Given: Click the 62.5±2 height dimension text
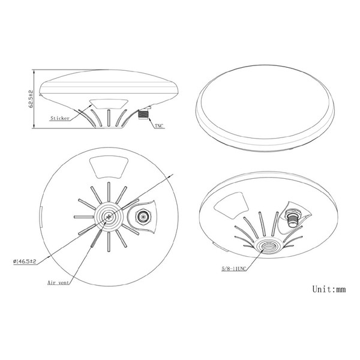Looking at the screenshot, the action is (x=31, y=99).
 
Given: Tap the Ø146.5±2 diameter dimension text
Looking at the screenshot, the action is (x=25, y=261).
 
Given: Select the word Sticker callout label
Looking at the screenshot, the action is (x=60, y=118).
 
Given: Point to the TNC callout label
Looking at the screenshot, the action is (x=159, y=126).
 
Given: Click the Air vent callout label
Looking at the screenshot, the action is (x=58, y=283).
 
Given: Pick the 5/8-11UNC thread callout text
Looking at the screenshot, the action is (x=234, y=269).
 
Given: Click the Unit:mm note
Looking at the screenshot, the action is (x=329, y=289).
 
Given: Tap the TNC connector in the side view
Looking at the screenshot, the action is (x=143, y=115).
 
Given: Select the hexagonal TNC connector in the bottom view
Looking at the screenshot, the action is (x=143, y=217).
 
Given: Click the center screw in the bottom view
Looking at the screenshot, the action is (x=109, y=217).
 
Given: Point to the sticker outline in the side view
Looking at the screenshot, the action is (x=109, y=104).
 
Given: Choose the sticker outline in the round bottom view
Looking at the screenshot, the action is (x=109, y=167).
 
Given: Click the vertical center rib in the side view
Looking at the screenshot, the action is (x=109, y=118).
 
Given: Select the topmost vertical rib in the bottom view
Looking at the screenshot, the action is (x=109, y=192).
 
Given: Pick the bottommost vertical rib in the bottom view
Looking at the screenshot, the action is (x=109, y=242).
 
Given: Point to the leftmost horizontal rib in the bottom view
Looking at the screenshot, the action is (x=84, y=217).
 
